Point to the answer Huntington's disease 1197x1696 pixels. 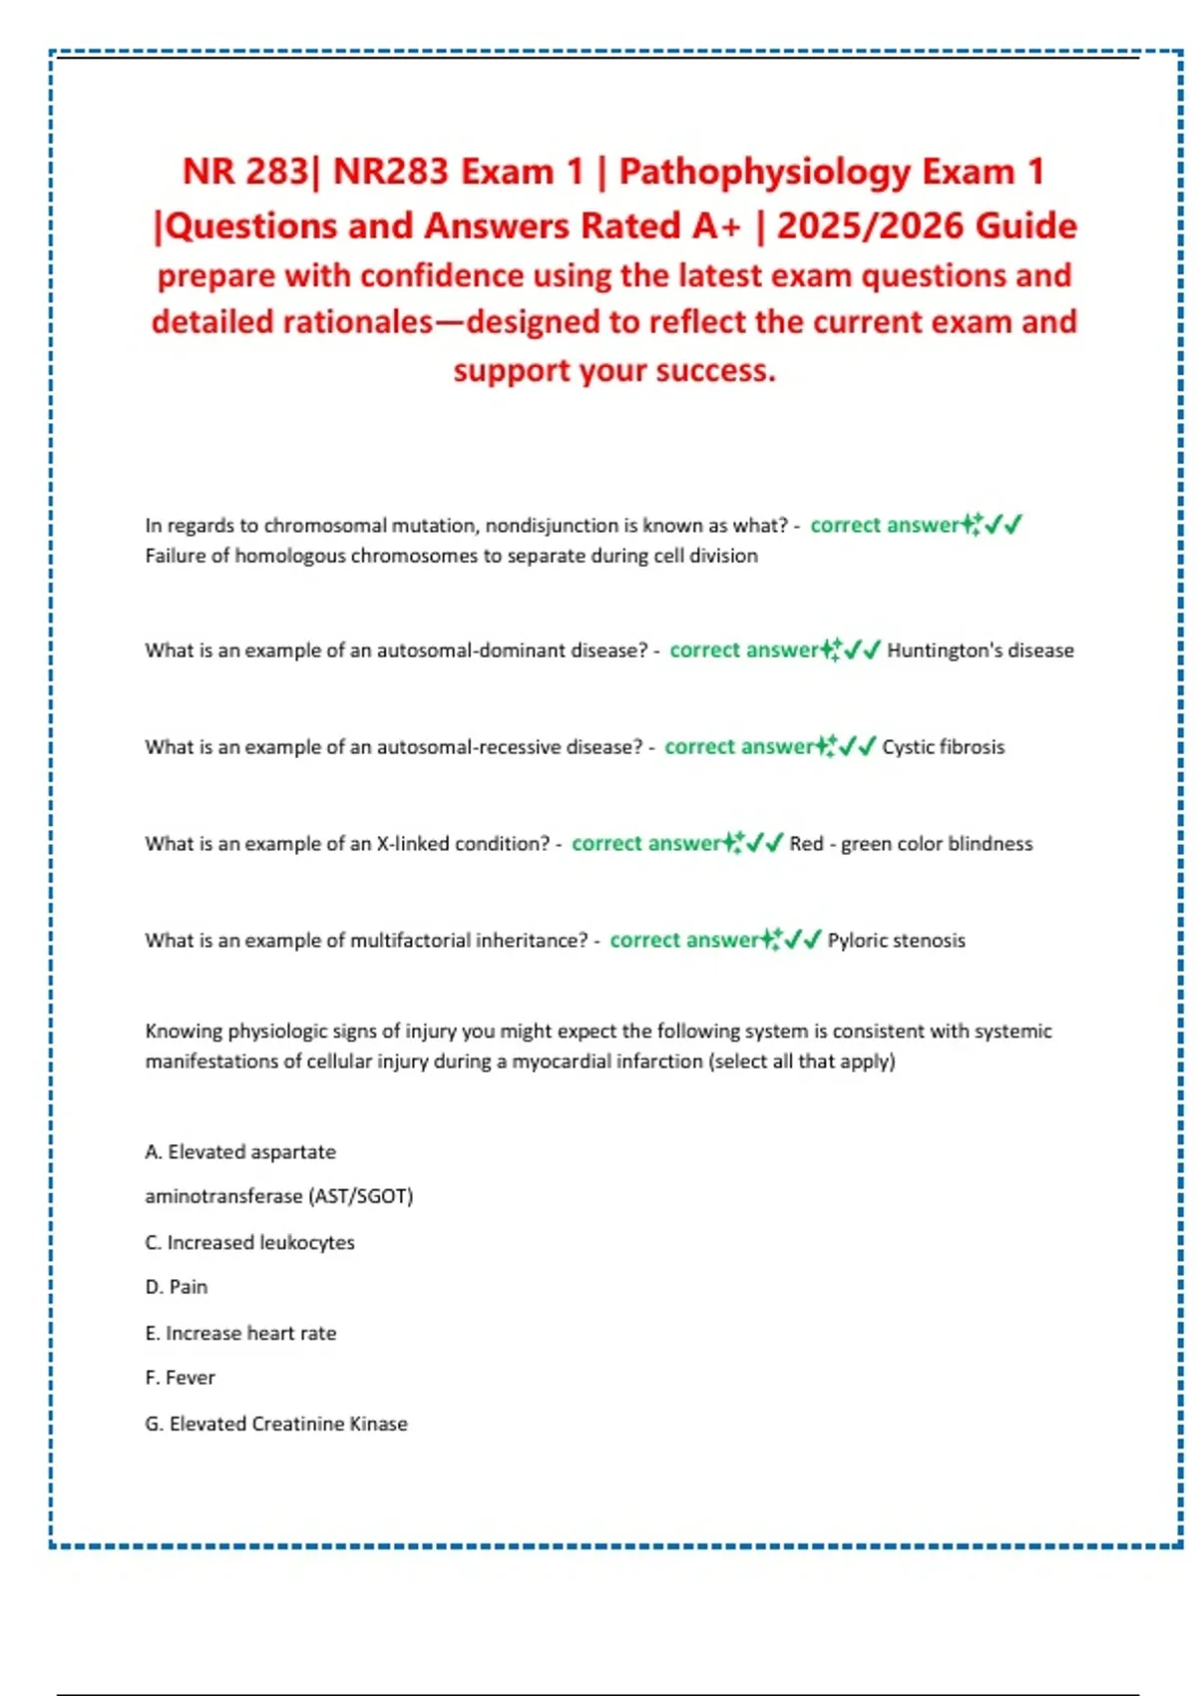[980, 650]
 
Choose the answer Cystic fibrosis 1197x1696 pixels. [943, 747]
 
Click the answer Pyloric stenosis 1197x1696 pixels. [896, 941]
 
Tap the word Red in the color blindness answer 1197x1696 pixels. [806, 844]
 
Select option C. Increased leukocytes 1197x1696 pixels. [249, 1243]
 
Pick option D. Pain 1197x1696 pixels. [176, 1287]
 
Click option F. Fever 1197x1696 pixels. [180, 1378]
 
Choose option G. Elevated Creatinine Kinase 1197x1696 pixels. [275, 1424]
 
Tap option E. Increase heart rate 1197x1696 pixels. [240, 1333]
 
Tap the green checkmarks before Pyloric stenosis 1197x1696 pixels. [803, 940]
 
